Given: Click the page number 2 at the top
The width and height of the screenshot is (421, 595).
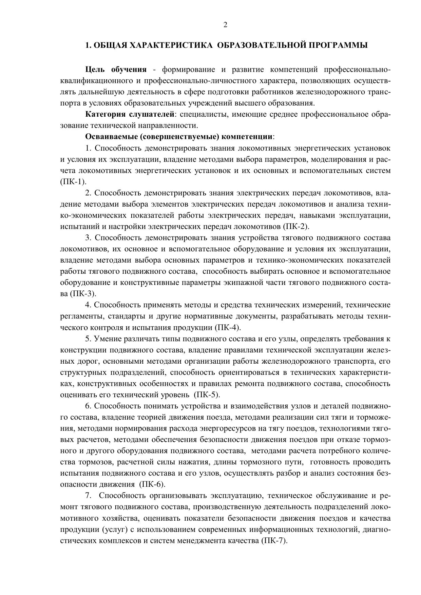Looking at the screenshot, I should tap(225, 25).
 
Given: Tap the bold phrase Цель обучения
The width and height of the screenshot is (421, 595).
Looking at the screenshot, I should tap(116, 70).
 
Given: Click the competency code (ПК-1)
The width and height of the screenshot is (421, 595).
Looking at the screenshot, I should tap(73, 181).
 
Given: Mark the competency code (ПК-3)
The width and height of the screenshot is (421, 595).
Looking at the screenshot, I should tap(83, 293).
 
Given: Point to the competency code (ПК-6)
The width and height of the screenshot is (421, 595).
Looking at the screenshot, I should tap(152, 484).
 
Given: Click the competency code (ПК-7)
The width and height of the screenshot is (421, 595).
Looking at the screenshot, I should tap(274, 540).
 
